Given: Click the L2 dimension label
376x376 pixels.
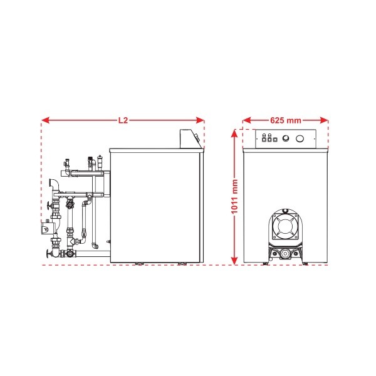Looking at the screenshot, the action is (123, 120).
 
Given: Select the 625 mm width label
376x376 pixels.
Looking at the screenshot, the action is (285, 120).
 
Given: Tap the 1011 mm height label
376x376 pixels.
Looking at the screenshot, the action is (234, 196).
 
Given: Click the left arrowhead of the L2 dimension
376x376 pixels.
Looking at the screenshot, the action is (45, 120).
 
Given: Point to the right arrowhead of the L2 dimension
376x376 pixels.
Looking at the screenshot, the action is (201, 120).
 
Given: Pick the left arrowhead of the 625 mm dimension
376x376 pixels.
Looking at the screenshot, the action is (247, 120).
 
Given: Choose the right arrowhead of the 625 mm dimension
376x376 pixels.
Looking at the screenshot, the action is (324, 120).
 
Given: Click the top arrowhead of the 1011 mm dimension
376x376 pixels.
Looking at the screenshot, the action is (234, 133).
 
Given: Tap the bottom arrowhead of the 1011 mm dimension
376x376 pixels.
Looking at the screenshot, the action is (234, 261).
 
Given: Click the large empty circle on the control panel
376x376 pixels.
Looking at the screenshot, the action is (300, 138).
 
